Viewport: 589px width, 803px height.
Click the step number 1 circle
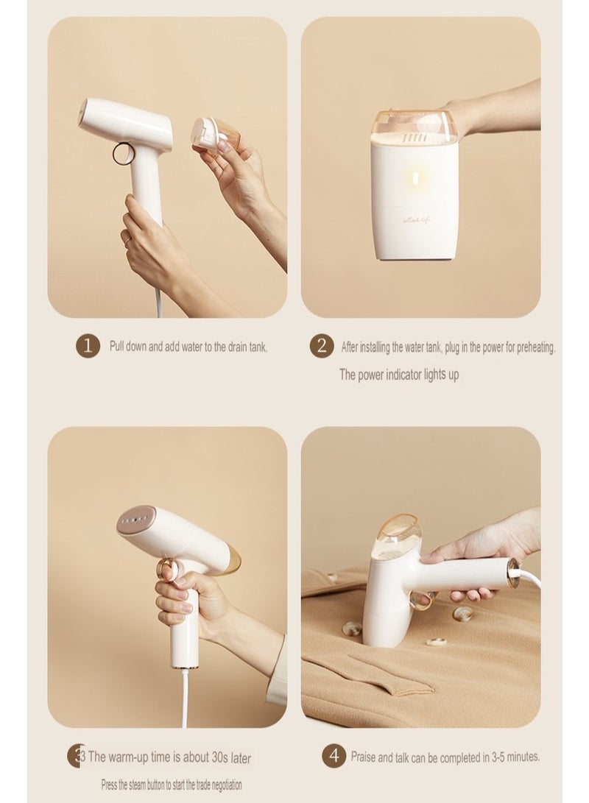click(x=88, y=346)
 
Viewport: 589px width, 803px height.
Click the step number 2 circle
click(x=321, y=346)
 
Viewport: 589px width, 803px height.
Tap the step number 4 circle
click(x=334, y=755)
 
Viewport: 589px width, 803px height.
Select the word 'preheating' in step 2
click(x=536, y=347)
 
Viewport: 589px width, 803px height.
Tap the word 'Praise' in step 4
click(x=363, y=757)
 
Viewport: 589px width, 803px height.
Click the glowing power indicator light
click(x=415, y=178)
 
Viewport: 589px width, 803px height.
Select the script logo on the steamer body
click(x=417, y=220)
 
